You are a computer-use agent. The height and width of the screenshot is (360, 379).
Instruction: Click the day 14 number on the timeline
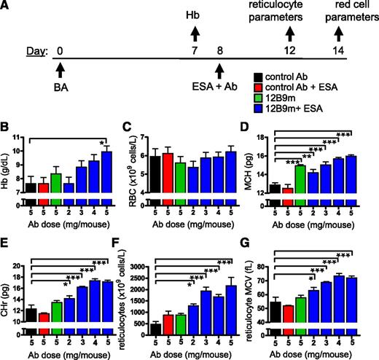(337, 51)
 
